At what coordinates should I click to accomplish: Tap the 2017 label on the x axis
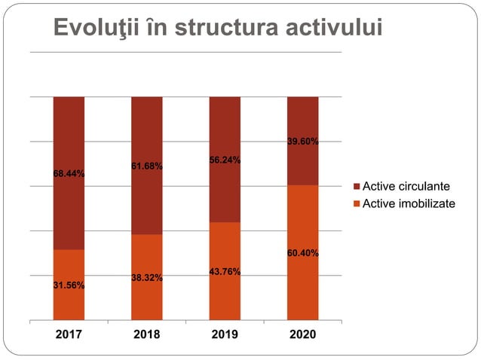tap(69, 334)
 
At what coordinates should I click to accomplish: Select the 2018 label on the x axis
tap(146, 334)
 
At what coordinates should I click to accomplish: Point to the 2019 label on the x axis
tap(224, 334)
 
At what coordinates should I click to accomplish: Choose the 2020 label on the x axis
tap(302, 334)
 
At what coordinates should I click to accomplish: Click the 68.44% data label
tap(69, 174)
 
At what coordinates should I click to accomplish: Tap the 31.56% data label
tap(69, 285)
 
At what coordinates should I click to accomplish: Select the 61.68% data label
tap(147, 166)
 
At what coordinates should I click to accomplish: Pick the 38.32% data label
tap(147, 278)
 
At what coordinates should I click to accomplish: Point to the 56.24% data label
tap(225, 160)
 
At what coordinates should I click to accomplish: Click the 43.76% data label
tap(225, 272)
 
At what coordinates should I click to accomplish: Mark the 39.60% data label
tap(302, 142)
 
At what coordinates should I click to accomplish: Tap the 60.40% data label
tap(302, 253)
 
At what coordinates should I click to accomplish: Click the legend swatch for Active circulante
tap(358, 186)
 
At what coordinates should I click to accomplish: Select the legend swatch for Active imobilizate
tap(358, 203)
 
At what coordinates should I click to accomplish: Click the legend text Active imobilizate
tap(409, 203)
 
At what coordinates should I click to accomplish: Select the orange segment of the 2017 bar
tap(69, 301)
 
